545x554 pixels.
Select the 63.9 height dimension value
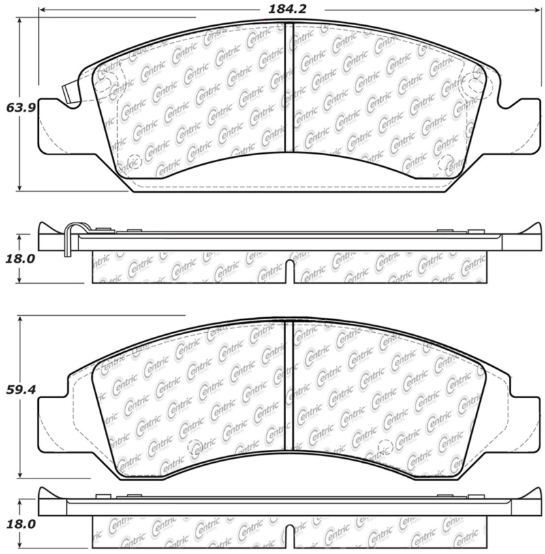(x=20, y=107)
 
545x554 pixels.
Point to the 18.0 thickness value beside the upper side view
(x=20, y=259)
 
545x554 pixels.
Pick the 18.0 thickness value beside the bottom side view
(x=20, y=523)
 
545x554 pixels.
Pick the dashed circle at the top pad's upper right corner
(x=470, y=88)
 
